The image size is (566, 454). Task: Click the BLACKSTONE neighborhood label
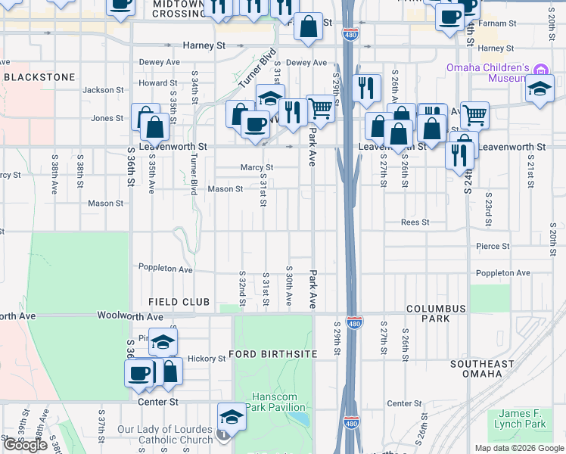point(39,77)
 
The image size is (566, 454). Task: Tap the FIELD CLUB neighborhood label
point(179,302)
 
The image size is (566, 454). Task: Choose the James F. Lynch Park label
point(523,418)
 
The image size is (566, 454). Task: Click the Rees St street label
point(415,222)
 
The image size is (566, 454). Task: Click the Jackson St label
point(103,90)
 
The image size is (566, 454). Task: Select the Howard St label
point(157,83)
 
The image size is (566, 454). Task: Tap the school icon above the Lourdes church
point(232,417)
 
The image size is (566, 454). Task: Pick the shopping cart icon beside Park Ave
point(321,110)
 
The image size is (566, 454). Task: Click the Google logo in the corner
point(25,445)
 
